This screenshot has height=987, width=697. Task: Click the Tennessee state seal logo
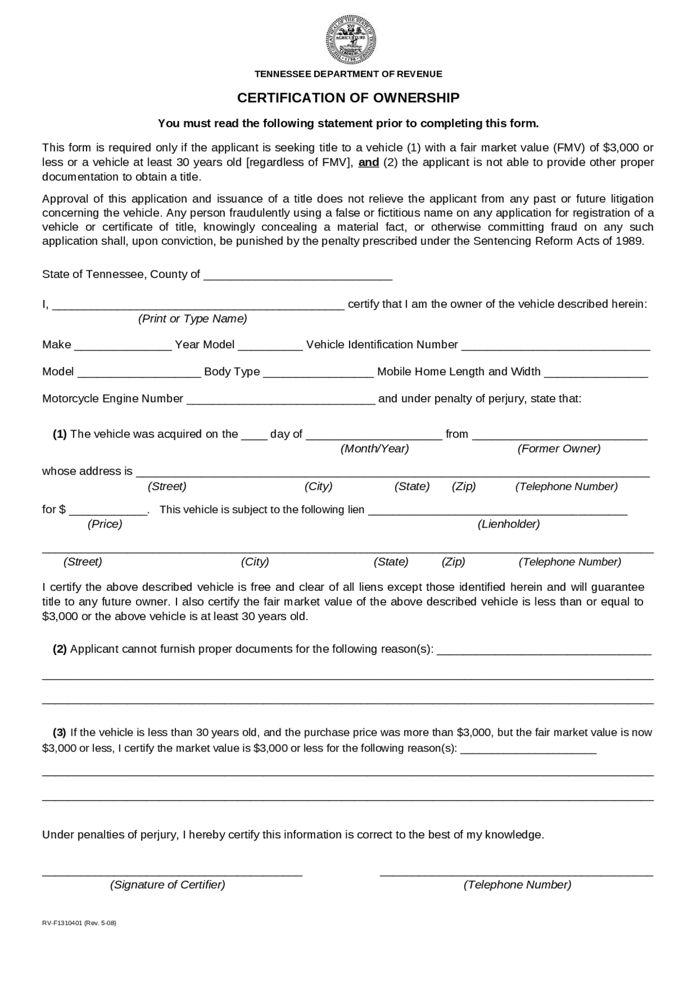tap(351, 40)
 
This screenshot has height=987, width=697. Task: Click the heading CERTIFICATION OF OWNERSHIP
tap(348, 98)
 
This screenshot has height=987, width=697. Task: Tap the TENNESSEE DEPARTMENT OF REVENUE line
tap(348, 74)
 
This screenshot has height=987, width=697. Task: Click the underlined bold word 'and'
tap(369, 162)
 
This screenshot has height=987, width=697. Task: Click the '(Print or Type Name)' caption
tap(192, 319)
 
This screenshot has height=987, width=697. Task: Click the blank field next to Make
tap(123, 346)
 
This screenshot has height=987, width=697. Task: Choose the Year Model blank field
tap(270, 346)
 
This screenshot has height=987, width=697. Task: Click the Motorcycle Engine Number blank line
tap(280, 399)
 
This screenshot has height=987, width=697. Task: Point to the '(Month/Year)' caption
tap(375, 449)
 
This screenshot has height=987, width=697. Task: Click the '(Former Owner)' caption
tap(559, 449)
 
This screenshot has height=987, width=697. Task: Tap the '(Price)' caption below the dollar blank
tap(105, 524)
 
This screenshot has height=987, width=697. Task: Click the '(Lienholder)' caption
tap(509, 524)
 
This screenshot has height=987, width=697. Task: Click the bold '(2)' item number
tap(60, 649)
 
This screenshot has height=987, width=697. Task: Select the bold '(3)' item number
tap(60, 733)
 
